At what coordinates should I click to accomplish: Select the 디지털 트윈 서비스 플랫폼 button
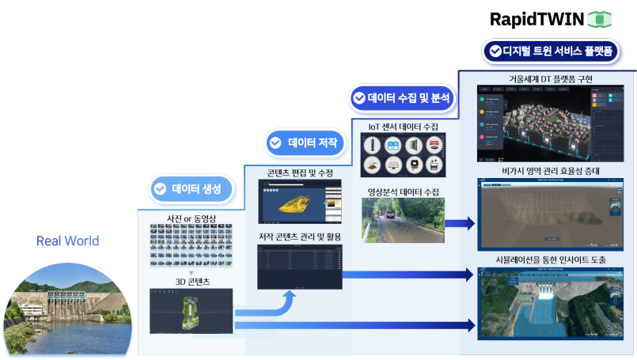click(551, 51)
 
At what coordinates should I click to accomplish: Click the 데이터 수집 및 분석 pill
click(401, 98)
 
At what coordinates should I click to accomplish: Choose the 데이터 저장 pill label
click(304, 143)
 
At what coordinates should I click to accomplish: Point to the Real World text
click(68, 241)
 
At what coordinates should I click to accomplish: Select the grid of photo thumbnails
click(191, 245)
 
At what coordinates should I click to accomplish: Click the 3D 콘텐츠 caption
click(191, 280)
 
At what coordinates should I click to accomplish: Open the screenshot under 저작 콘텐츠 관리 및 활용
click(299, 266)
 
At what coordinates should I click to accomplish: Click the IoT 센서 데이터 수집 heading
click(404, 127)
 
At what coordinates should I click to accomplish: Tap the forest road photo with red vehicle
click(403, 220)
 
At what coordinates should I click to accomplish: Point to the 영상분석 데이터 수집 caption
click(403, 191)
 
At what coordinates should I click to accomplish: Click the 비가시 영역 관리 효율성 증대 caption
click(552, 170)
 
